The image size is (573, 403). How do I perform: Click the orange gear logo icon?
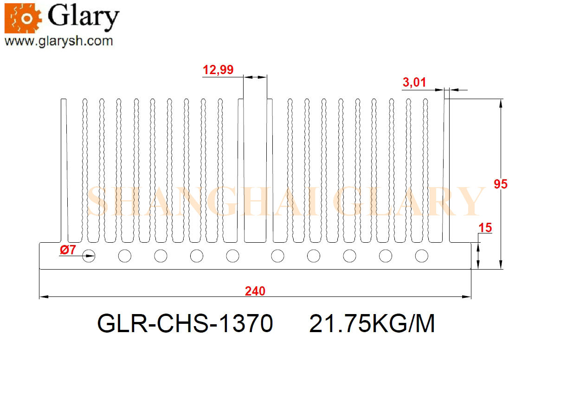click(23, 18)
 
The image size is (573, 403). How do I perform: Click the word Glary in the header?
click(84, 17)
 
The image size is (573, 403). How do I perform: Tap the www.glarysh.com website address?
click(58, 41)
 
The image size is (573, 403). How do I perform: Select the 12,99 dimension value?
click(218, 70)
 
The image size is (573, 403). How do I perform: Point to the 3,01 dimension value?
click(414, 82)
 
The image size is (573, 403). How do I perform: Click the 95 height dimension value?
click(500, 184)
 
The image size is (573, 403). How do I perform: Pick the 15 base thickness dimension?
click(485, 228)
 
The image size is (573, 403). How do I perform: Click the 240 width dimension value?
click(255, 291)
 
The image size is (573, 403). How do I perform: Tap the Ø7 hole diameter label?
click(68, 250)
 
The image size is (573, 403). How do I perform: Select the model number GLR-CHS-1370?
click(185, 323)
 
